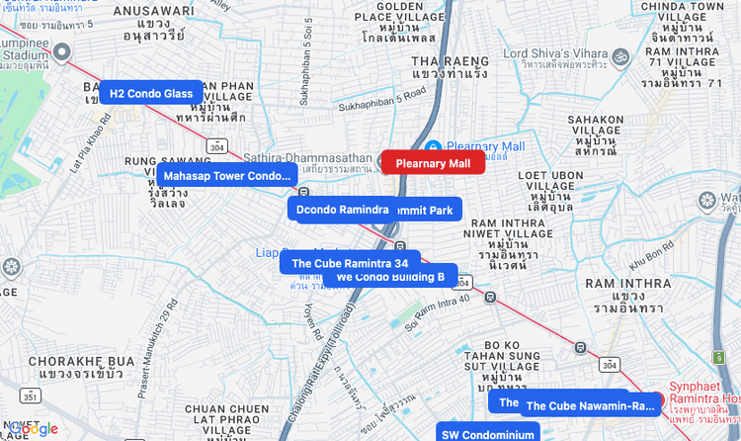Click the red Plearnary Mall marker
click(433, 163)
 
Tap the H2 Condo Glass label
click(150, 93)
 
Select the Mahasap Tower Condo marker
click(226, 176)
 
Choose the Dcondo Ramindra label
click(342, 210)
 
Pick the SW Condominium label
click(487, 434)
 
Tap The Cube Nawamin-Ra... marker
click(590, 405)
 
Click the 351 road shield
click(30, 397)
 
